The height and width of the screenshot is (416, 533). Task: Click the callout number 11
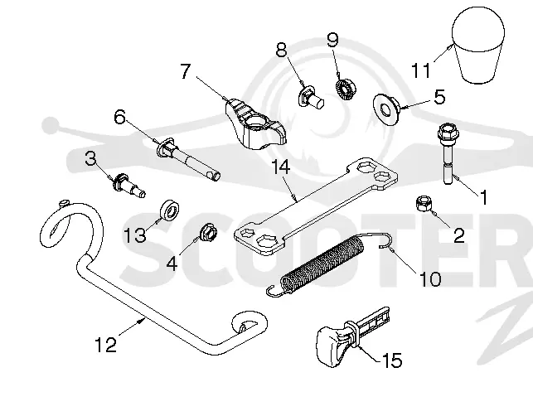[421, 70]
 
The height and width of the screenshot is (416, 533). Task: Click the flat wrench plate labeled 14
[316, 206]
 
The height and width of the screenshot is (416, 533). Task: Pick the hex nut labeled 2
[423, 203]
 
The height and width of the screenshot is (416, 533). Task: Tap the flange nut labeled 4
[208, 232]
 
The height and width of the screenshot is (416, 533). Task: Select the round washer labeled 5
[387, 109]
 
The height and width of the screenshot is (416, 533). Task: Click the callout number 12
[105, 345]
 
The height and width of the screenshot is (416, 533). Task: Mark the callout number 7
[185, 72]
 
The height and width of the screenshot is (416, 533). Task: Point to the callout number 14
[281, 167]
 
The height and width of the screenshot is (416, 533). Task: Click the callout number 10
[430, 278]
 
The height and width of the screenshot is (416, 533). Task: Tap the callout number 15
[392, 360]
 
